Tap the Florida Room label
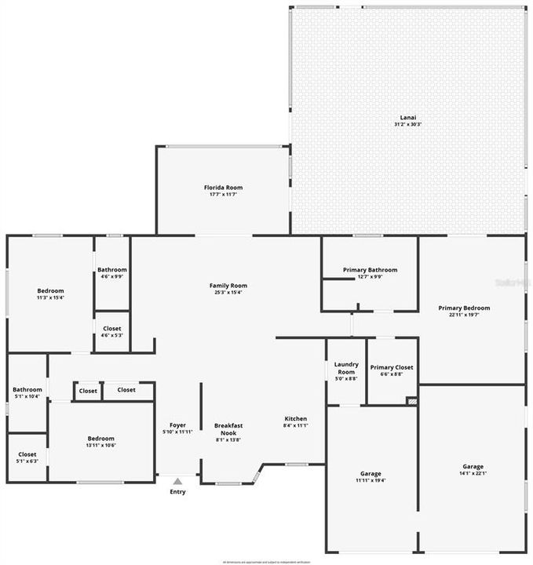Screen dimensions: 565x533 [x=223, y=188]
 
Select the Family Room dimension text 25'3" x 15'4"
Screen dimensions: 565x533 [x=228, y=293]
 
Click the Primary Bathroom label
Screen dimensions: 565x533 [x=370, y=270]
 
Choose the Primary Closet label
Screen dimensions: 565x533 [x=392, y=367]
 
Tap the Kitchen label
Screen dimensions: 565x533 [x=295, y=418]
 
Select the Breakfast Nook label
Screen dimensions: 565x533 [x=228, y=429]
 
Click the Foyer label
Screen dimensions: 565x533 [x=178, y=425]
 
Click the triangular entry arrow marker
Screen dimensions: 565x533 [x=178, y=481]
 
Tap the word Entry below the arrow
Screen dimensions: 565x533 [x=178, y=492]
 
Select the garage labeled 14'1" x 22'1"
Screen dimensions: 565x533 [x=473, y=466]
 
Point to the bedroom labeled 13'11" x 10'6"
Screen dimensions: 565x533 [x=100, y=439]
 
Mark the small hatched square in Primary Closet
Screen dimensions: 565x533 [x=411, y=400]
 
